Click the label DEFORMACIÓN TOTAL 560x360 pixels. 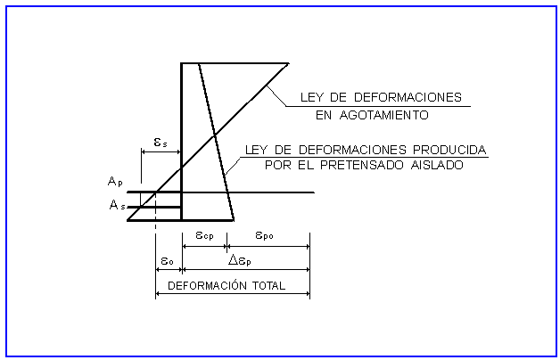(x=226, y=286)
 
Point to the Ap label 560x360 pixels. (x=115, y=182)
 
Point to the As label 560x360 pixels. (x=116, y=205)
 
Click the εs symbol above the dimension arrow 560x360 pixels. (x=160, y=140)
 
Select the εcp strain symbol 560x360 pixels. (x=204, y=236)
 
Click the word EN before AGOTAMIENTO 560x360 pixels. (x=325, y=115)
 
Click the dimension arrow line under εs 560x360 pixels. (x=161, y=152)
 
